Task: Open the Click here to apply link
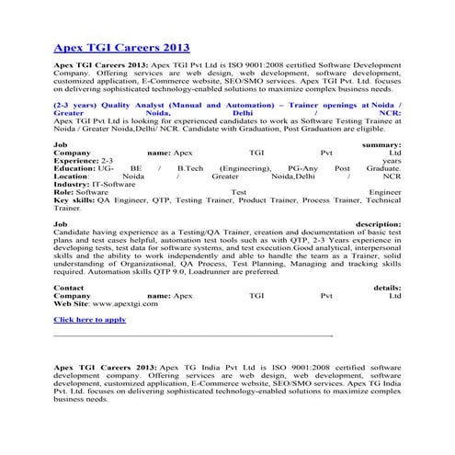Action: [89, 319]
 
